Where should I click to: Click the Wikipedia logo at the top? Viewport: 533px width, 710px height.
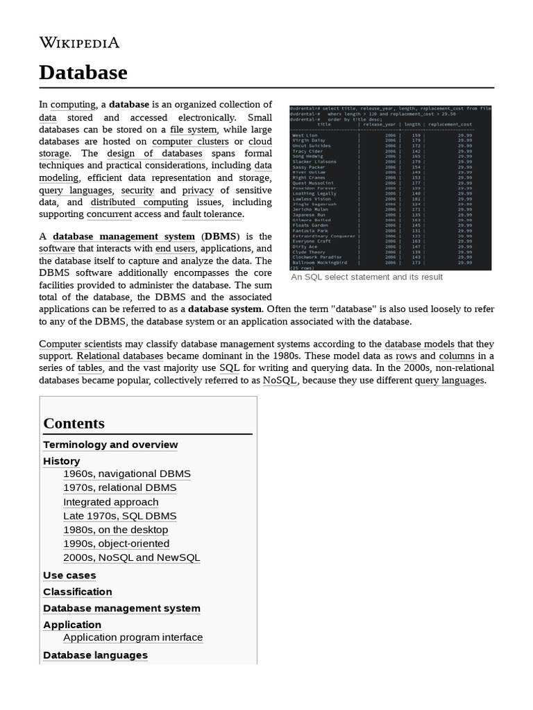pyautogui.click(x=79, y=43)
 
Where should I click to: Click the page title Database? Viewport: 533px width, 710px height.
pyautogui.click(x=83, y=72)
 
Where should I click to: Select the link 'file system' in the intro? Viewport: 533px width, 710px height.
pyautogui.click(x=194, y=130)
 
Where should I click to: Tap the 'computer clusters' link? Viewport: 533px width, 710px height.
pyautogui.click(x=190, y=141)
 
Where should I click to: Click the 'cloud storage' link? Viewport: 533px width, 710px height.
pyautogui.click(x=260, y=141)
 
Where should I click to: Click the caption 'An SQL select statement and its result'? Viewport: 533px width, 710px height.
pyautogui.click(x=366, y=277)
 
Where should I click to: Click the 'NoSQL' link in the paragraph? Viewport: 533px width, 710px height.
pyautogui.click(x=280, y=381)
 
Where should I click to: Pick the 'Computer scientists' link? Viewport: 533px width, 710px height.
pyautogui.click(x=81, y=344)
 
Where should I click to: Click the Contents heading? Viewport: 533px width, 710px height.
pyautogui.click(x=74, y=424)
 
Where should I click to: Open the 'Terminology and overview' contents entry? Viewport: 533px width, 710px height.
pyautogui.click(x=110, y=444)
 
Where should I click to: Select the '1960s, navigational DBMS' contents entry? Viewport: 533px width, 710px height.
pyautogui.click(x=126, y=474)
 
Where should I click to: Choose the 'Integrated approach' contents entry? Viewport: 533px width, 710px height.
pyautogui.click(x=110, y=502)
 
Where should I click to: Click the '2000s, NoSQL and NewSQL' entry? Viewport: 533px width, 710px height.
pyautogui.click(x=131, y=557)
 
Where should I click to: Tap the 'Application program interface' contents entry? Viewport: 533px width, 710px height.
pyautogui.click(x=133, y=637)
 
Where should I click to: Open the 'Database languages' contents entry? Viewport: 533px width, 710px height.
pyautogui.click(x=95, y=655)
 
